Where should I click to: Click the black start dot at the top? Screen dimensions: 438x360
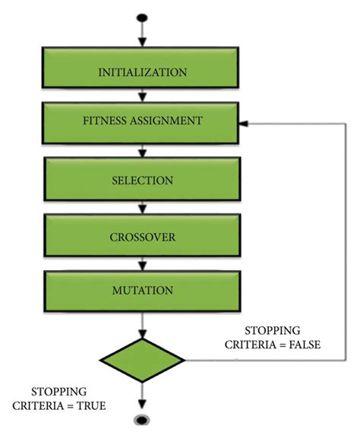pyautogui.click(x=142, y=17)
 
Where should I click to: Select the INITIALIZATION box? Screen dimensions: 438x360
pyautogui.click(x=143, y=72)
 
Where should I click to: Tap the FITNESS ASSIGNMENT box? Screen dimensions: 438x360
pyautogui.click(x=143, y=121)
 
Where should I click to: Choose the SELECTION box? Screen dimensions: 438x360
pyautogui.click(x=143, y=181)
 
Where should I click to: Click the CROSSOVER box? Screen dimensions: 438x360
pyautogui.click(x=143, y=238)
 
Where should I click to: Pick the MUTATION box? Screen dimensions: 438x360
pyautogui.click(x=143, y=290)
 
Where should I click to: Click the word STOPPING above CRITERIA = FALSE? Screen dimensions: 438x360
pyautogui.click(x=273, y=331)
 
